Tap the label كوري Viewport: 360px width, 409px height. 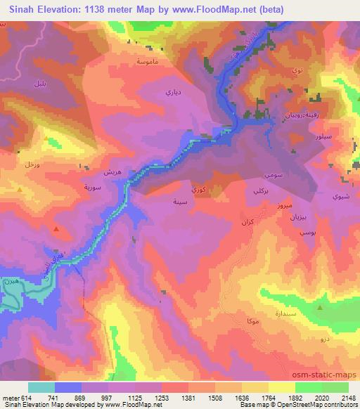[x=200, y=190]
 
